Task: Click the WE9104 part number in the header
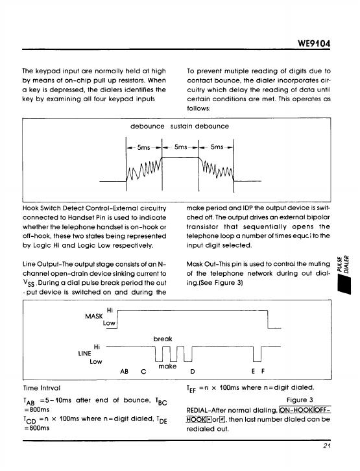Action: tap(314, 43)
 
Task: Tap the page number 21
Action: tap(327, 446)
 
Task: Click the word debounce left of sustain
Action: tap(147, 126)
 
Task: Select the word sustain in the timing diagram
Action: tap(182, 126)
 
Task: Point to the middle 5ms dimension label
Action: tap(180, 147)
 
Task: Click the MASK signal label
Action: tap(93, 317)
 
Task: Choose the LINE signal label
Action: tap(84, 354)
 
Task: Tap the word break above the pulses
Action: tap(163, 339)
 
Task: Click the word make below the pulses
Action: tap(167, 366)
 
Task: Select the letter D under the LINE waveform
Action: tap(193, 372)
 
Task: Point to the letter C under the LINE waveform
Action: tap(143, 372)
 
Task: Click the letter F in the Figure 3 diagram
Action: tap(263, 371)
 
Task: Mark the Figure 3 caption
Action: tap(300, 400)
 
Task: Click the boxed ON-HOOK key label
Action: tap(296, 410)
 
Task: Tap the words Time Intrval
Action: tap(42, 388)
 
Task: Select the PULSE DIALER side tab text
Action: tap(343, 264)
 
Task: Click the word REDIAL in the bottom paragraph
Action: tap(197, 410)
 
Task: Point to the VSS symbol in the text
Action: tap(29, 284)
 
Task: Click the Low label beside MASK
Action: tap(109, 323)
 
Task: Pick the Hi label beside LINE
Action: tap(97, 347)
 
